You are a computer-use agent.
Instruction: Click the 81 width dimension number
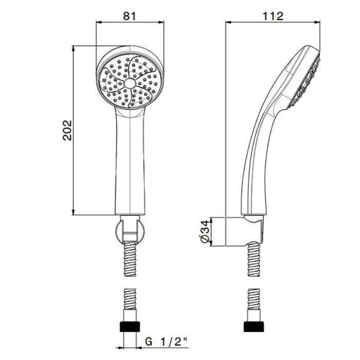point(130,16)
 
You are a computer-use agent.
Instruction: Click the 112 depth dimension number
point(273,16)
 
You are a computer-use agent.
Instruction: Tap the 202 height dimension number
point(67,130)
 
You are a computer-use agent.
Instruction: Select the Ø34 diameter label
point(205,231)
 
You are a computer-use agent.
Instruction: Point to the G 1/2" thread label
point(166,342)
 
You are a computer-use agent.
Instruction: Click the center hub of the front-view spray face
point(130,83)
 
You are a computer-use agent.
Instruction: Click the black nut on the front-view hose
point(130,327)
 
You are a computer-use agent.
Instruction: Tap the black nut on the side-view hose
point(254,327)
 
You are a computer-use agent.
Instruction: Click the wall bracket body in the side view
point(244,231)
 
